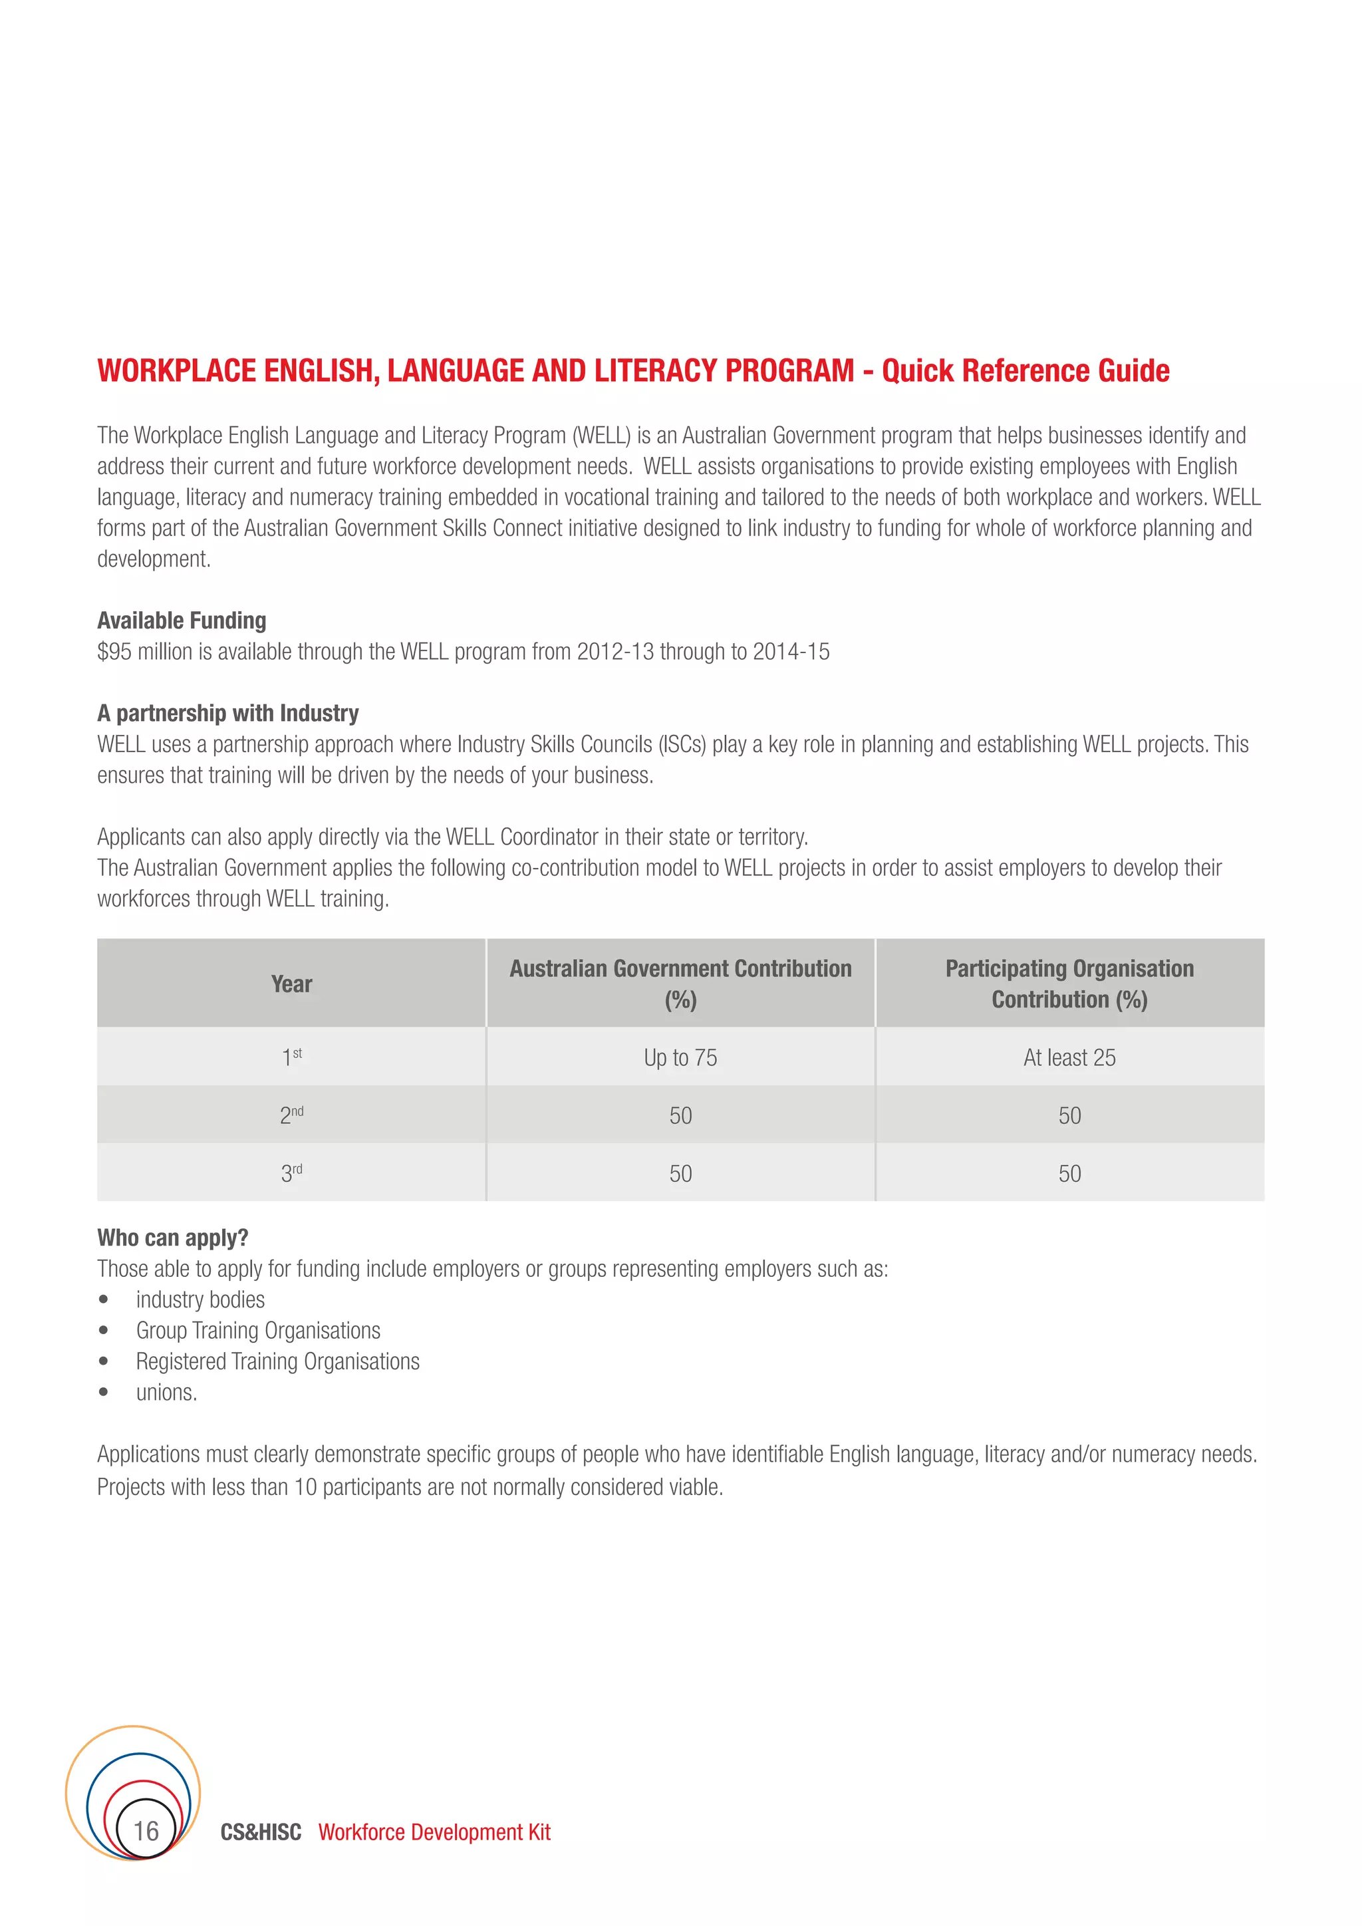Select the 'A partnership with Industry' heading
(x=227, y=713)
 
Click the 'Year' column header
(x=291, y=984)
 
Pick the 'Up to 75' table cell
(x=680, y=1058)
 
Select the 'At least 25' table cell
(x=1069, y=1058)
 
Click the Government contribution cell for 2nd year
(x=680, y=1116)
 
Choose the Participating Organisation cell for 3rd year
(x=1069, y=1174)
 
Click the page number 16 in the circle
(x=146, y=1830)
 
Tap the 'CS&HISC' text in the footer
(x=261, y=1832)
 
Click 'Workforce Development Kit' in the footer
(x=434, y=1832)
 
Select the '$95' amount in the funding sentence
(x=114, y=652)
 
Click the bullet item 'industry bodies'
(x=200, y=1300)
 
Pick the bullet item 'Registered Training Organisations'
(x=277, y=1361)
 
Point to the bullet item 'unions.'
(x=166, y=1393)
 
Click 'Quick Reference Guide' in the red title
(x=1025, y=371)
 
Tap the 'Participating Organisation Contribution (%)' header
(x=1069, y=984)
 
